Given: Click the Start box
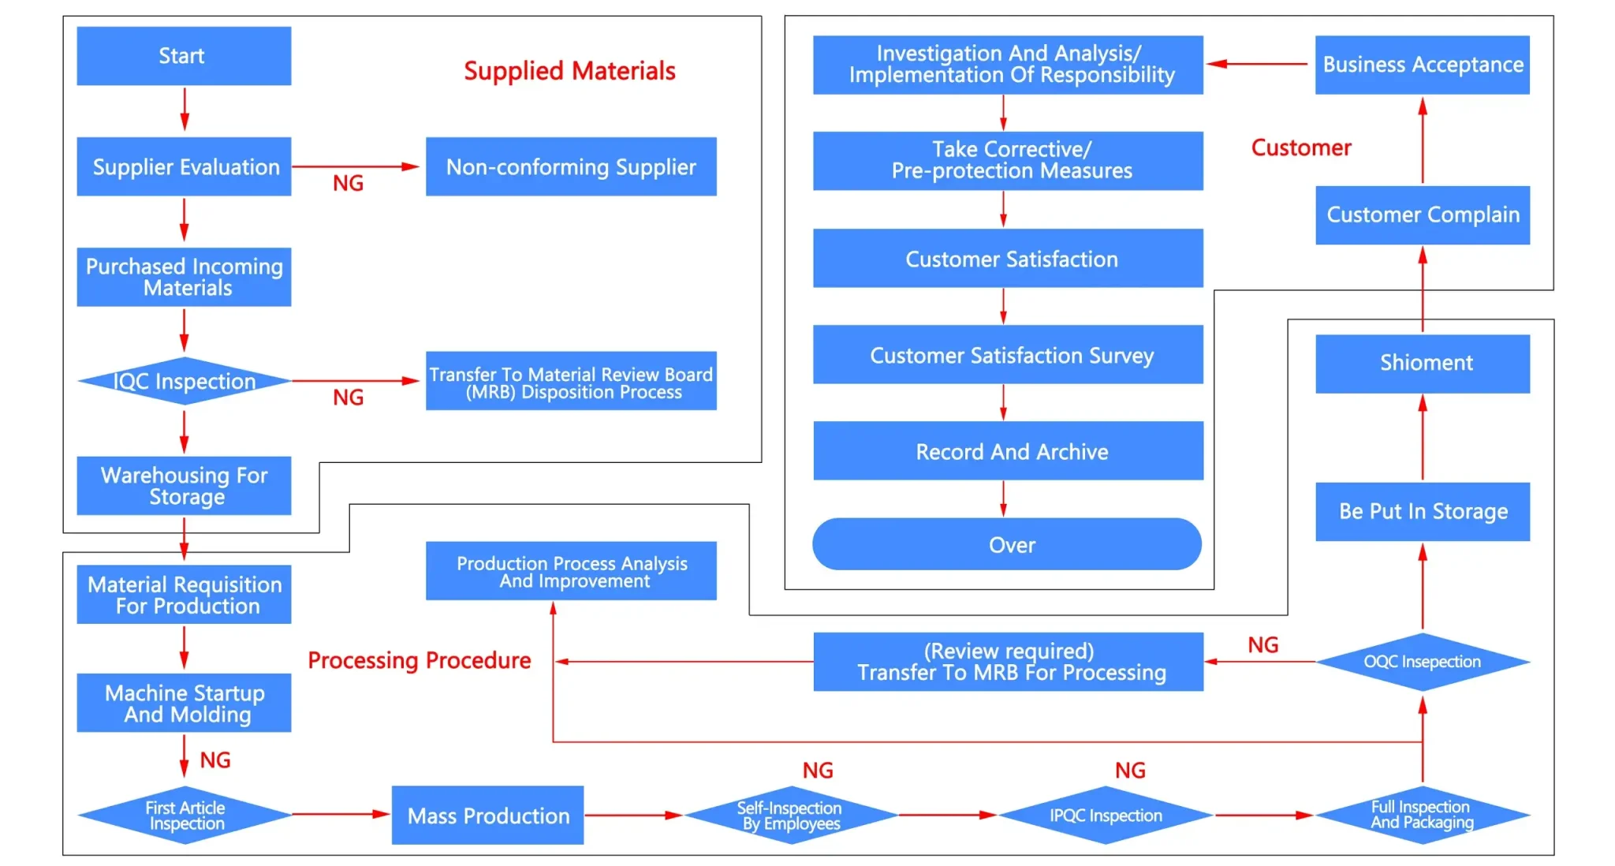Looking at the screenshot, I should (183, 56).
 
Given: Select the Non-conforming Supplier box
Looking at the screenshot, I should (571, 166).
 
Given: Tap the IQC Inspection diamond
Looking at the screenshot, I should (184, 381).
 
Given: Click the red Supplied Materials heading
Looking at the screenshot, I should (569, 71).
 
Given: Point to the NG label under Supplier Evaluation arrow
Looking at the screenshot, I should (348, 183).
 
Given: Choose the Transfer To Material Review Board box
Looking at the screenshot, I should (571, 382).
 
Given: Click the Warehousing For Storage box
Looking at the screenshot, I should (184, 486).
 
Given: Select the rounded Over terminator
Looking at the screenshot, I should (1007, 544).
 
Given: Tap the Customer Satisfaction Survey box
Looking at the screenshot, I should (1008, 355).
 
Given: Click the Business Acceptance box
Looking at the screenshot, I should (1422, 65).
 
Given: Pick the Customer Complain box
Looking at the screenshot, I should (1422, 215).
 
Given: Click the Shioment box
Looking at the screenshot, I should (1422, 364).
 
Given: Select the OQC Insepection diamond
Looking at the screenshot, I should (1422, 662).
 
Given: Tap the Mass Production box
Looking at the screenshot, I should (487, 816).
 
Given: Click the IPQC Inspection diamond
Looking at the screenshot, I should (1106, 816).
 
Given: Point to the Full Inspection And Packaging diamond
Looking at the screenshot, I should (1422, 815).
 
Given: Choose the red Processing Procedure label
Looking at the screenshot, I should (419, 660).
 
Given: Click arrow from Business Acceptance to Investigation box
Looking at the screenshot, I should (1257, 64).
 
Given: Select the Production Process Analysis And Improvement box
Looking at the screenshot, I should (571, 571).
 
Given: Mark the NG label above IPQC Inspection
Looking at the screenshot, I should (1129, 771).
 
